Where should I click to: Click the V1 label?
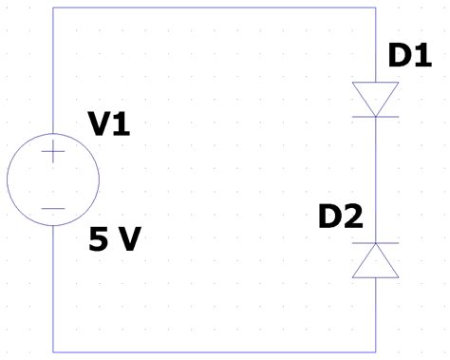click(108, 123)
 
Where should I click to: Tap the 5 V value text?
click(114, 239)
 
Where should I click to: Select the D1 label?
click(410, 57)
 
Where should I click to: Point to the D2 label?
click(340, 218)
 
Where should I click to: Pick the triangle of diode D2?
click(375, 261)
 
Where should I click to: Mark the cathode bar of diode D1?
click(375, 116)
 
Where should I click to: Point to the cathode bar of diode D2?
click(375, 243)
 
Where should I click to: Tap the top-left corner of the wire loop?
click(53, 8)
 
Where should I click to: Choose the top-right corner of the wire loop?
click(375, 8)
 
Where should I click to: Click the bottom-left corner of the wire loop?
click(53, 351)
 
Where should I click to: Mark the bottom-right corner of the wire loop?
click(375, 351)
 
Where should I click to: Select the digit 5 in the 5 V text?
click(98, 239)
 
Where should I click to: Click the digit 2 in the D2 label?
click(352, 218)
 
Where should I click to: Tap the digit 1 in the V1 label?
click(121, 123)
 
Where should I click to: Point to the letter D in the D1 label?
click(400, 57)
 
